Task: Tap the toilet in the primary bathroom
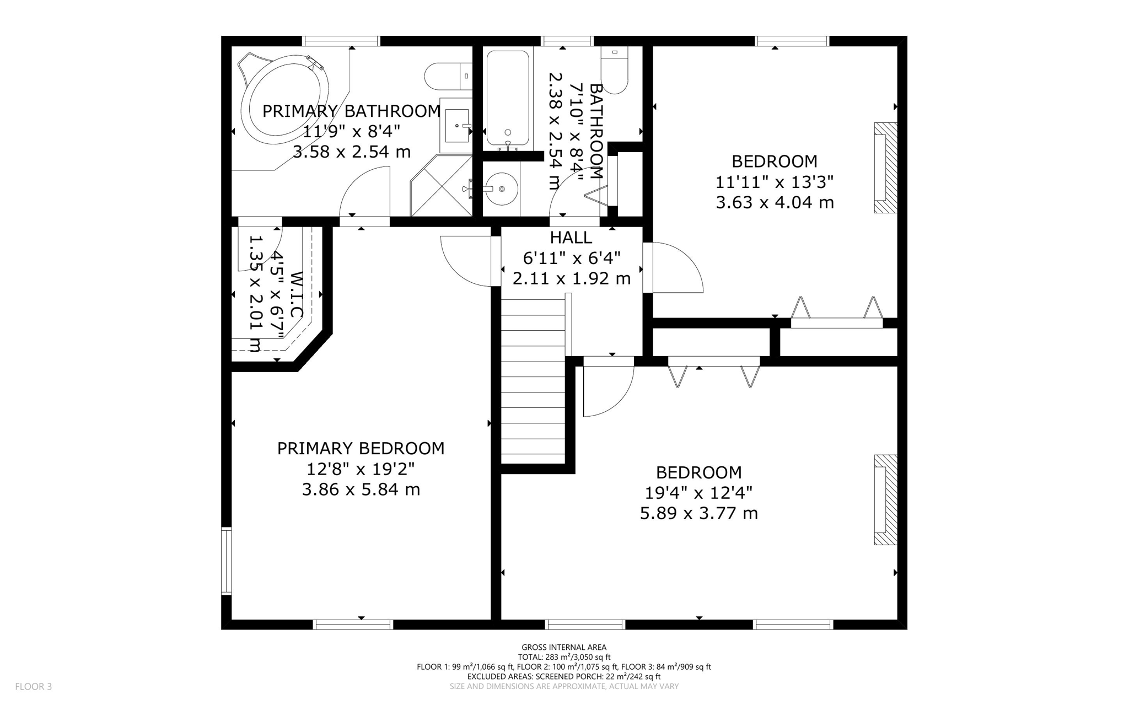[x=448, y=76]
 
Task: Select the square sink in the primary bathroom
[x=456, y=125]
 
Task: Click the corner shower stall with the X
[x=441, y=186]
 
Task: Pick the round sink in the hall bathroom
[x=501, y=189]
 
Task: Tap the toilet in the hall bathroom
[x=614, y=71]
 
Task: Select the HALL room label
[x=571, y=238]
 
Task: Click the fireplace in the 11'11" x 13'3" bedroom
[x=885, y=168]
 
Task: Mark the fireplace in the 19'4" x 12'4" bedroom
[x=885, y=499]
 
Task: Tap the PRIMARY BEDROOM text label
[x=361, y=448]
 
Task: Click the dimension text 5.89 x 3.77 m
[x=698, y=513]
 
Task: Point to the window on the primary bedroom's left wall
[x=226, y=561]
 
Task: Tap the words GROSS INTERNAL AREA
[x=563, y=647]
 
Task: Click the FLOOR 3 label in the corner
[x=33, y=686]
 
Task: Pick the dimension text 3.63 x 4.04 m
[x=775, y=202]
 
